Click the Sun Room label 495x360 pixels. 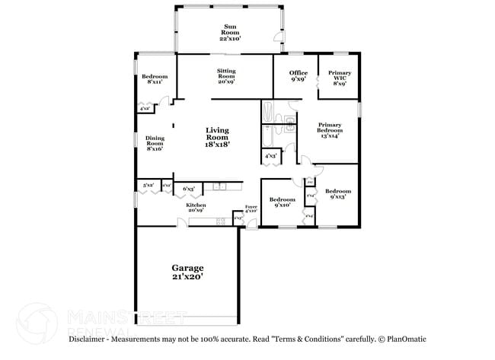pos(229,31)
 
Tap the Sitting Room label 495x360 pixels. pos(225,75)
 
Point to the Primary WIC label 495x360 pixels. pos(340,78)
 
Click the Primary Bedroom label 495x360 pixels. pos(330,130)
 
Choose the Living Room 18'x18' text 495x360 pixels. pos(217,136)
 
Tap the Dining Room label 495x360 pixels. pos(155,143)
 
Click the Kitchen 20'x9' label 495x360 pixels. pos(196,207)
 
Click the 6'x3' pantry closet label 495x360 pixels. pos(188,188)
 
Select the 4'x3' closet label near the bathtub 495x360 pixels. pos(270,156)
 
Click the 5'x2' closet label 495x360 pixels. pos(148,185)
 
